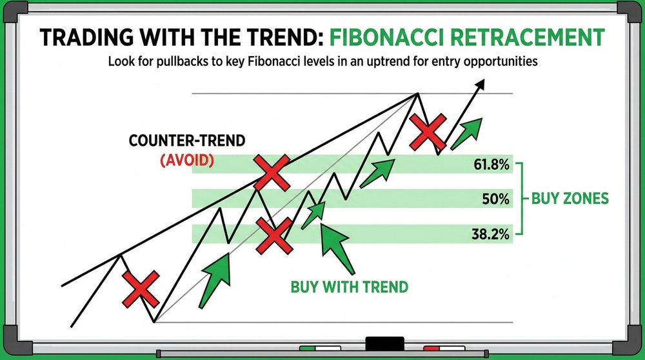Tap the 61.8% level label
pyautogui.click(x=491, y=166)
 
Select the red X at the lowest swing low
pyautogui.click(x=141, y=288)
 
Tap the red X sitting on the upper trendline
pyautogui.click(x=272, y=172)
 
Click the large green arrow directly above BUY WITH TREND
pyautogui.click(x=337, y=249)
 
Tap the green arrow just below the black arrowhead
pyautogui.click(x=467, y=132)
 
